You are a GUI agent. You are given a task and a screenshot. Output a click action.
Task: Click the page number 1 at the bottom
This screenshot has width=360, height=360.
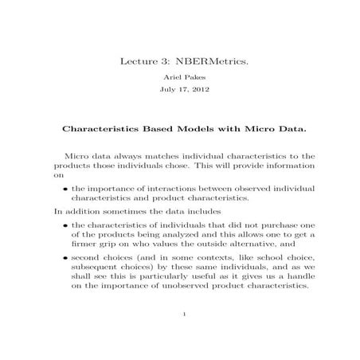point(184,338)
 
